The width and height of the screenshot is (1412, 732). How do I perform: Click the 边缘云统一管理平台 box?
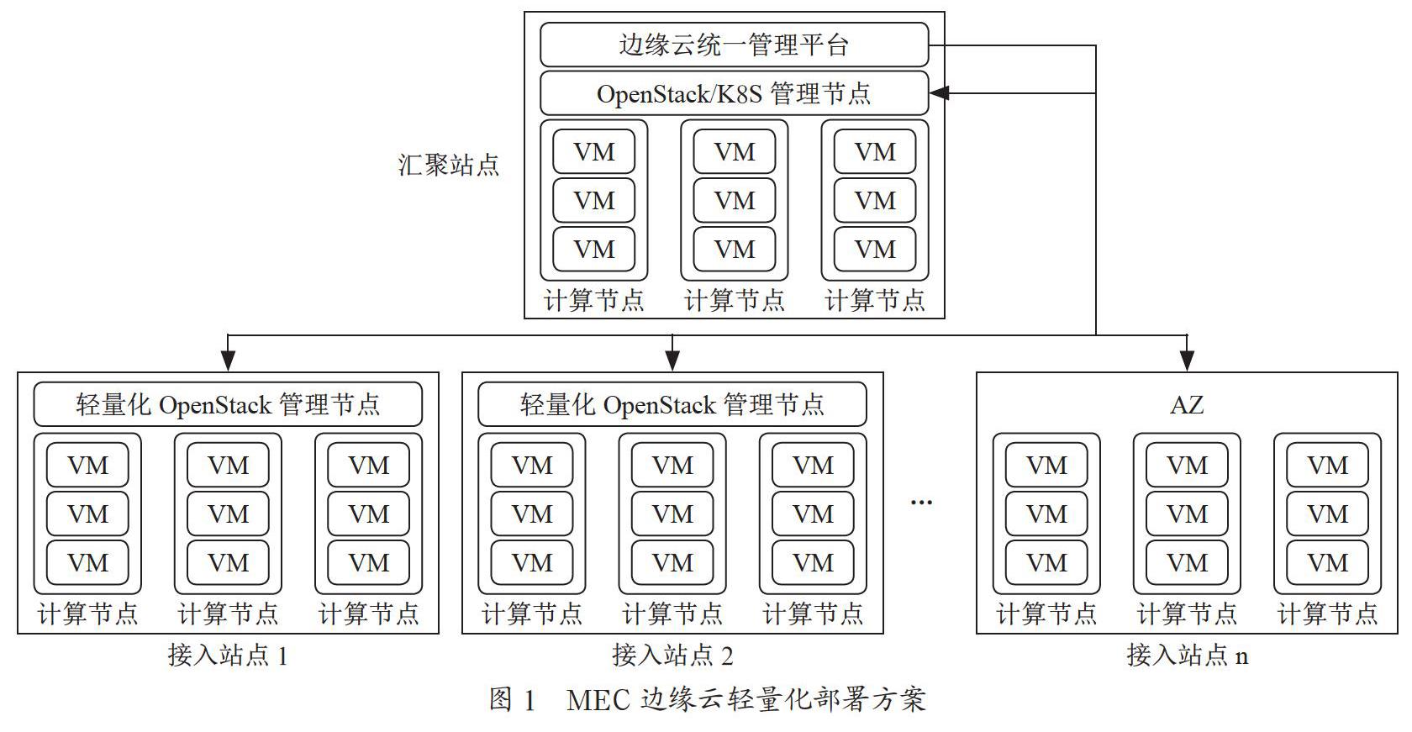point(734,45)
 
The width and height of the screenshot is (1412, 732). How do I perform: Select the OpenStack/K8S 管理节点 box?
point(734,93)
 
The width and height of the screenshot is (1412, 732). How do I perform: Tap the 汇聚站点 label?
point(448,166)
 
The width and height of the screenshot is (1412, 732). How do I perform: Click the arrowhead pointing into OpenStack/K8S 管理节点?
point(940,93)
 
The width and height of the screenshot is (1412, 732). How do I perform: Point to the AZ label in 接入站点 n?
point(1187,405)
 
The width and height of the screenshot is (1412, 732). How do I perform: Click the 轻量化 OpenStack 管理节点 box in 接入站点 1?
point(228,404)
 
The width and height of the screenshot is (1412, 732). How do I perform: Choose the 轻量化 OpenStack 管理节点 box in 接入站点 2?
point(672,404)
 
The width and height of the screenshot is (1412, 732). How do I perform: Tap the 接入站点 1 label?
point(228,656)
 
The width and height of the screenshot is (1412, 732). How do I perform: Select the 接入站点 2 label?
point(672,656)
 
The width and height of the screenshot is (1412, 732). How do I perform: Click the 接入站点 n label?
point(1187,656)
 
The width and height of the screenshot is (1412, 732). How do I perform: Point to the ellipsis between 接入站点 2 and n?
point(921,503)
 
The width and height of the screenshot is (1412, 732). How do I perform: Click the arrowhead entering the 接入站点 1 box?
point(229,361)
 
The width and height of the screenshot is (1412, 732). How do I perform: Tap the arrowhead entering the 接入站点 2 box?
point(672,361)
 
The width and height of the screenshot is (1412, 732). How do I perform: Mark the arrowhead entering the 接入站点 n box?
point(1187,361)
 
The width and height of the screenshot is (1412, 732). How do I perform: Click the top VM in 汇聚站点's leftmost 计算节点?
point(593,151)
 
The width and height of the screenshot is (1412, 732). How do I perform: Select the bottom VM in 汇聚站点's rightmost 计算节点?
point(875,249)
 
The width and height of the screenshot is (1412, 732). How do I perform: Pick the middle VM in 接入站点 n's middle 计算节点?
point(1187,513)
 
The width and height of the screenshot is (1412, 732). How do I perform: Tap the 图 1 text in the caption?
point(512,700)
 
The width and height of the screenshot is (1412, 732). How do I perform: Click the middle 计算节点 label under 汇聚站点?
point(735,300)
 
